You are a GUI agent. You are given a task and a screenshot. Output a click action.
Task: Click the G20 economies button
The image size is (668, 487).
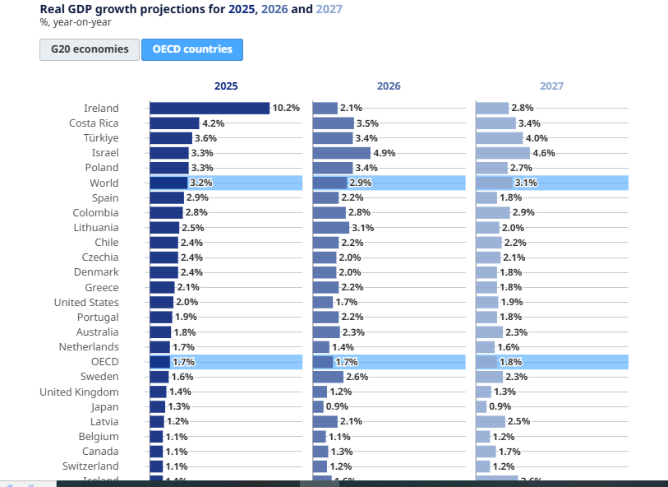pos(90,49)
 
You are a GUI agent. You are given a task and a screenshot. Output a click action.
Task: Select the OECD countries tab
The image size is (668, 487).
pos(192,49)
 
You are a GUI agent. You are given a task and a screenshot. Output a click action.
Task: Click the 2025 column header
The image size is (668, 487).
pos(226,86)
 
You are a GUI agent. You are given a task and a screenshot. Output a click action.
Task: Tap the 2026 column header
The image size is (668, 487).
pos(389,86)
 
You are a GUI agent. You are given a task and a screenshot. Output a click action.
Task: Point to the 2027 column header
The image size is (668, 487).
pos(551,86)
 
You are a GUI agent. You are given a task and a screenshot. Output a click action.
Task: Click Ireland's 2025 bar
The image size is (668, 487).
pos(210,108)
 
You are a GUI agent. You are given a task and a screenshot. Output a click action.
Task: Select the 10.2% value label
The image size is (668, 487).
pos(286,108)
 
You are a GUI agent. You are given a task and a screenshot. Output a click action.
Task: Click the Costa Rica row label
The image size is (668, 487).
pos(94,123)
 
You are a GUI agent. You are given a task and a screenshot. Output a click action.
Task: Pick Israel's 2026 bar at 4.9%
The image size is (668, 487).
pos(342,153)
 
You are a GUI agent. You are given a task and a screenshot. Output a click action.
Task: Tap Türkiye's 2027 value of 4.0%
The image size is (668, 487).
pos(537,138)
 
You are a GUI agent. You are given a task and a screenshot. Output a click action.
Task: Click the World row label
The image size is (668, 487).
pos(104,183)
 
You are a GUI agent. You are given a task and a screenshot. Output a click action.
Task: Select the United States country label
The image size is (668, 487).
pos(86,302)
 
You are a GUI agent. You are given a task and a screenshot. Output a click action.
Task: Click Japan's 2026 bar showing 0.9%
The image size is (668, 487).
pos(318,406)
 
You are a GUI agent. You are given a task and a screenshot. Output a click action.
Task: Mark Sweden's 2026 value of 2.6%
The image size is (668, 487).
pos(356,377)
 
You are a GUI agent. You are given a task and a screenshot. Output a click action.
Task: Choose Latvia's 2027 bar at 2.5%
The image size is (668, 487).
pos(491,421)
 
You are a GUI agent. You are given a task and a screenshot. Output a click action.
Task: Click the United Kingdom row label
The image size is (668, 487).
pos(79,392)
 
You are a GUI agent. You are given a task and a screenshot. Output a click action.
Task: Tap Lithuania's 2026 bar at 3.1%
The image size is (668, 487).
pos(331,227)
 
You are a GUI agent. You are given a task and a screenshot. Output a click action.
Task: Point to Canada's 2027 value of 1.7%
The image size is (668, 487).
pos(509,452)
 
